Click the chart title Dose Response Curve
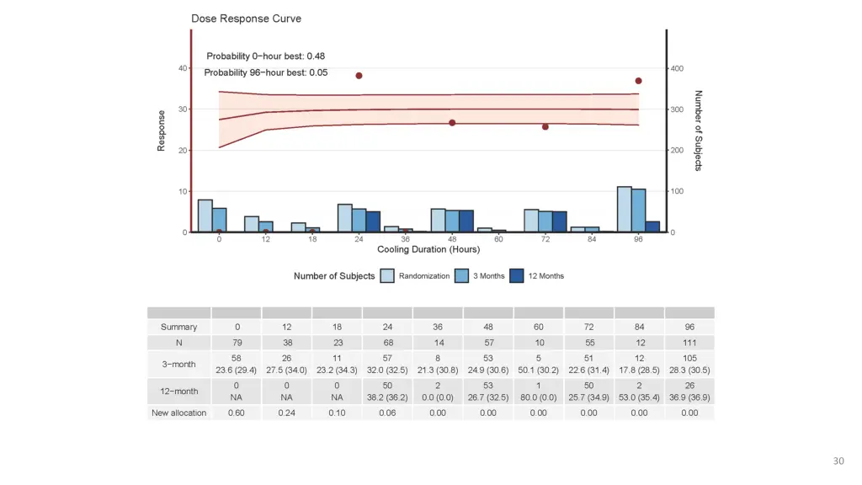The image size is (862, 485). pyautogui.click(x=246, y=19)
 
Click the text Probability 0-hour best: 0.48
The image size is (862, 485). pyautogui.click(x=266, y=56)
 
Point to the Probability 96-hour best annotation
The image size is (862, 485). pyautogui.click(x=266, y=72)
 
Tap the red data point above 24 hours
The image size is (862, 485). pyautogui.click(x=359, y=76)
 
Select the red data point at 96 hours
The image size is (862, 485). pyautogui.click(x=639, y=81)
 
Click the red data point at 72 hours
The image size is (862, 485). pyautogui.click(x=545, y=126)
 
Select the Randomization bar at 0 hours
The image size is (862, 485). pyautogui.click(x=205, y=216)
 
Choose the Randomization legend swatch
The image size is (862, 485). pyautogui.click(x=387, y=276)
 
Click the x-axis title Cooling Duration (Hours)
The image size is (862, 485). pyautogui.click(x=428, y=249)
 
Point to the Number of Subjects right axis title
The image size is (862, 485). pyautogui.click(x=699, y=131)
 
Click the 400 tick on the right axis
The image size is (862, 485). pyautogui.click(x=677, y=68)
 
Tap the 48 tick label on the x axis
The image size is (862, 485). pyautogui.click(x=452, y=239)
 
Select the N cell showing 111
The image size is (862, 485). pyautogui.click(x=689, y=343)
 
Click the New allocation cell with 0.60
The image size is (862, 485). pyautogui.click(x=237, y=413)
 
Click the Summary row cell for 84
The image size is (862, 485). pyautogui.click(x=639, y=327)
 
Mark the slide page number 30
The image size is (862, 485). pyautogui.click(x=838, y=461)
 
